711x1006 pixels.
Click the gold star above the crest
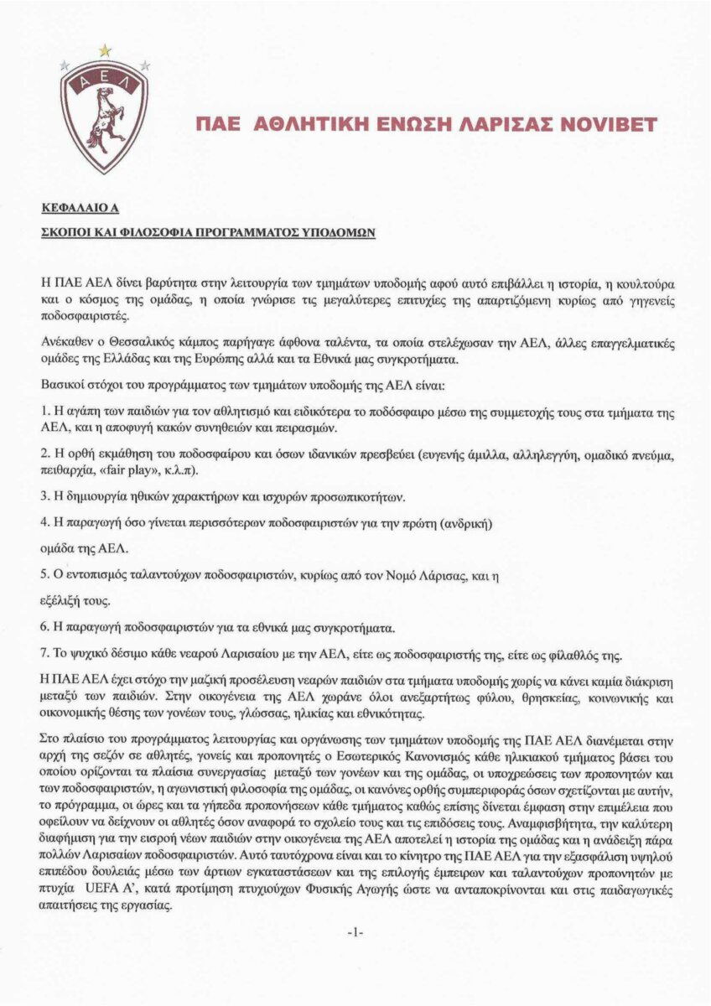105,50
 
